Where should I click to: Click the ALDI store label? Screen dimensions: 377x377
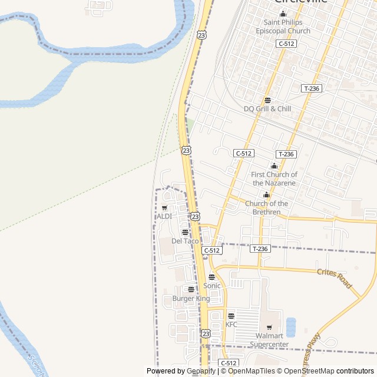pos(164,216)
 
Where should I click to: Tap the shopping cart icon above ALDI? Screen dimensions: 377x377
pos(164,207)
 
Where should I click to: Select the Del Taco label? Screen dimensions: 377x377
pos(185,241)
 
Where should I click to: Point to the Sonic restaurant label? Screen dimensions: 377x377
pos(211,286)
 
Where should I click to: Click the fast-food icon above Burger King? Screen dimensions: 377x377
pos(191,289)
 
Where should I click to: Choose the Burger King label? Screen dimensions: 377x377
pos(191,299)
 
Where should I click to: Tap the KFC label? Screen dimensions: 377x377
pos(231,325)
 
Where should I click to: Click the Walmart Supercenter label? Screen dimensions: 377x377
pos(269,340)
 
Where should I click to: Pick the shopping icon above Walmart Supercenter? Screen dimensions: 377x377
pos(270,328)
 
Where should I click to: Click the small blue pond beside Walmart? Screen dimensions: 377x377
pos(290,327)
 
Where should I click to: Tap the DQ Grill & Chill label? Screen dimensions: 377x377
pos(267,109)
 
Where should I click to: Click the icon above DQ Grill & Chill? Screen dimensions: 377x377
pos(267,100)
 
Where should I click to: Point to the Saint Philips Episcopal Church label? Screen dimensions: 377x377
pos(283,27)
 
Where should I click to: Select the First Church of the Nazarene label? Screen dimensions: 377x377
pos(274,178)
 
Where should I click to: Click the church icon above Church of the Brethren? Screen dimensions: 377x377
pos(266,195)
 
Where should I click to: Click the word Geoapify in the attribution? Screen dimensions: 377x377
pos(201,371)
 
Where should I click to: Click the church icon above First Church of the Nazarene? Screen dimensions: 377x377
pos(274,166)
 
